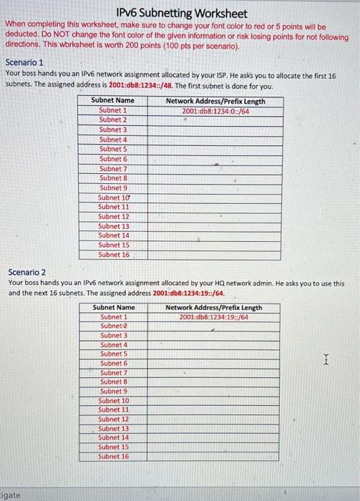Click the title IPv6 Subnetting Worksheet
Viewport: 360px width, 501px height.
[181, 14]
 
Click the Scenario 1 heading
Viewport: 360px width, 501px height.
[24, 63]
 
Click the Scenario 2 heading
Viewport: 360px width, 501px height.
[26, 272]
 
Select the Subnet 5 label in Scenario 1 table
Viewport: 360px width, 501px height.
[113, 149]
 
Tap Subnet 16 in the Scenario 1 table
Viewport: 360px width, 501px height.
[114, 254]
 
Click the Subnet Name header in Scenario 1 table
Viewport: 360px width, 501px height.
[113, 101]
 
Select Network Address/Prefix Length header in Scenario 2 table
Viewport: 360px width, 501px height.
[213, 308]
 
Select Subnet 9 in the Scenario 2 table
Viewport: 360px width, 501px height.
[114, 391]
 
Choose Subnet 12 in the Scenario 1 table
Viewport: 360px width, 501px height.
[114, 216]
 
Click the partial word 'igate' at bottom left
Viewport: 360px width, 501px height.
[11, 495]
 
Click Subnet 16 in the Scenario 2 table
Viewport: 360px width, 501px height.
[114, 456]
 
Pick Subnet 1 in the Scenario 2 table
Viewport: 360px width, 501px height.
[114, 317]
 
